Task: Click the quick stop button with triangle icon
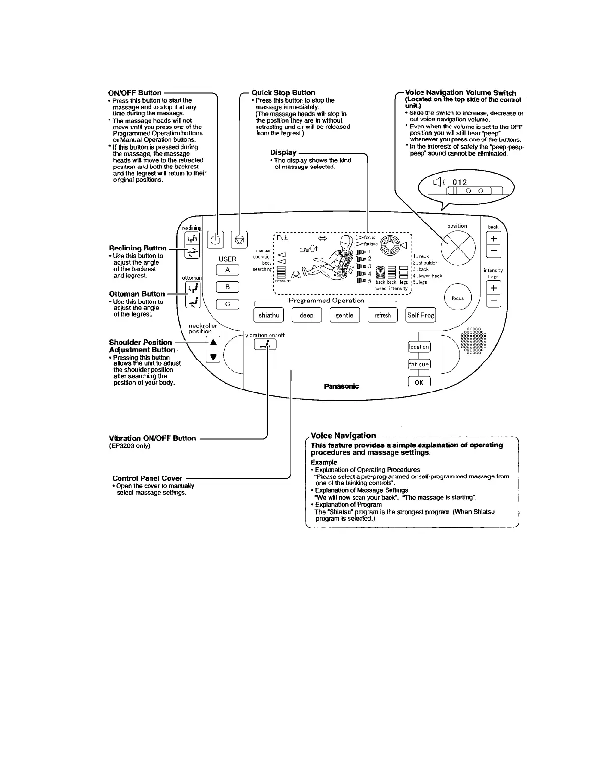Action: click(x=239, y=240)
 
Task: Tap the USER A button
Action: click(x=228, y=270)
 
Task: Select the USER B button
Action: click(x=228, y=287)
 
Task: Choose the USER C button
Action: click(x=228, y=304)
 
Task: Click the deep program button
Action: click(x=306, y=315)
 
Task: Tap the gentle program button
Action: click(x=344, y=315)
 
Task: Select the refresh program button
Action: click(x=382, y=315)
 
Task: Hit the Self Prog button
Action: click(x=421, y=315)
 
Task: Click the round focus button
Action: click(x=457, y=298)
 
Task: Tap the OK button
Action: click(x=419, y=382)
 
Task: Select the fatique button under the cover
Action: click(x=419, y=364)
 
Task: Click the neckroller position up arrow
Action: click(x=213, y=343)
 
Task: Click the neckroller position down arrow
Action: click(x=213, y=357)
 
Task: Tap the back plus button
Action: click(x=493, y=238)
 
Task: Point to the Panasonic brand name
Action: click(x=341, y=386)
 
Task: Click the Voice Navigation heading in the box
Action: click(x=343, y=436)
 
